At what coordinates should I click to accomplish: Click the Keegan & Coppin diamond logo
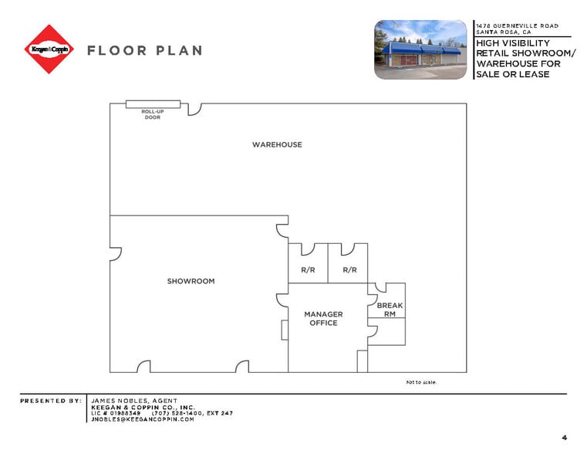(49, 49)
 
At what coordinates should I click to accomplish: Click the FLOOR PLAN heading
(144, 51)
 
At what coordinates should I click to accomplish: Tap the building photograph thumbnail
(420, 49)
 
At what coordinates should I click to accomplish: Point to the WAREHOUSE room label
(277, 144)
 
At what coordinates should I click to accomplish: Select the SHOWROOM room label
(191, 281)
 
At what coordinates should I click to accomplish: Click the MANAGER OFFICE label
(323, 319)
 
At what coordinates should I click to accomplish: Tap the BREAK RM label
(390, 310)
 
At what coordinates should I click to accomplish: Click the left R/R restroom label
(308, 270)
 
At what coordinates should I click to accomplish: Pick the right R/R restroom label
(349, 270)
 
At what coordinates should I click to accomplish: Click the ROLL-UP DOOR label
(152, 114)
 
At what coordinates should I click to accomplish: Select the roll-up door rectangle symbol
(153, 103)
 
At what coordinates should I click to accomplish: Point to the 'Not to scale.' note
(421, 382)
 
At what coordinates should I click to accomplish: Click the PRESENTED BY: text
(51, 401)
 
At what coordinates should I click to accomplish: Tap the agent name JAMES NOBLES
(133, 401)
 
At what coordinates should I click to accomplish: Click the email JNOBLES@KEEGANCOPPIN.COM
(143, 419)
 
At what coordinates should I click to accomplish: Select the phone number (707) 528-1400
(174, 413)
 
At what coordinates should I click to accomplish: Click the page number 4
(564, 438)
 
